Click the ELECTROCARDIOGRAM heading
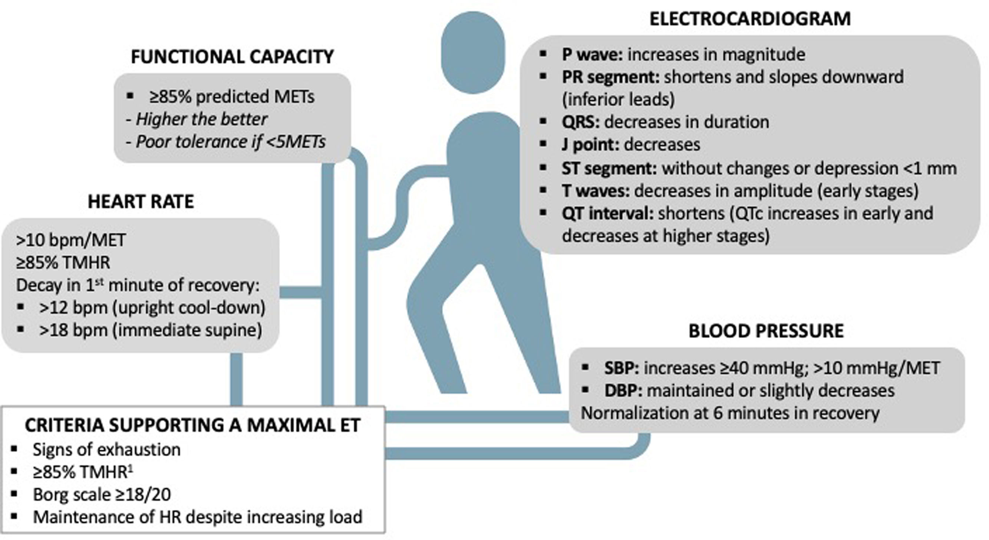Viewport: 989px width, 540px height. click(749, 19)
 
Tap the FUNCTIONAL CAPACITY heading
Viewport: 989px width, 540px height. click(232, 57)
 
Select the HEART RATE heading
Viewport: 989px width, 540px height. click(141, 202)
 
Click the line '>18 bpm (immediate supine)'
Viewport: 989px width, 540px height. click(151, 330)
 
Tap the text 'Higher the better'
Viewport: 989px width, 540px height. click(201, 120)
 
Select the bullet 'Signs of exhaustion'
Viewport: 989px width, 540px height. click(106, 450)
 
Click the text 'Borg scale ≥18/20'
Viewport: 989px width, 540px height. click(102, 495)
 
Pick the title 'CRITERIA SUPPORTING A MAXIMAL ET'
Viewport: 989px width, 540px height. click(192, 425)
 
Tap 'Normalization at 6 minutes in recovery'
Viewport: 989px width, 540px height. click(730, 413)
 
